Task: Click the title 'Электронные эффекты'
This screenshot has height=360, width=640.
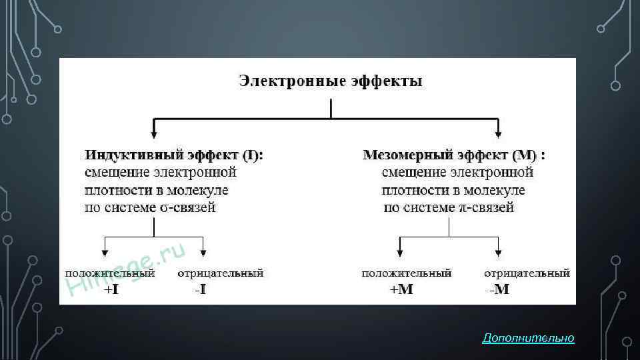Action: [x=331, y=82]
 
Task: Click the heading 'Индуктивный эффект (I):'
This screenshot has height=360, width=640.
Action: [x=174, y=155]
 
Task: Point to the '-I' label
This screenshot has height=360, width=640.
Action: [x=199, y=290]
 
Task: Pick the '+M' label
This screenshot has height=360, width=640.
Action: [x=401, y=290]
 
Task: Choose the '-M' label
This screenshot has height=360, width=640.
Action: [x=498, y=290]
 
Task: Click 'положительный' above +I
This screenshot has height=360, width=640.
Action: [x=110, y=273]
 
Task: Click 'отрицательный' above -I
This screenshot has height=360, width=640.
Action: [x=221, y=273]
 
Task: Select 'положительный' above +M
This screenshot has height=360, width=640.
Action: [x=407, y=273]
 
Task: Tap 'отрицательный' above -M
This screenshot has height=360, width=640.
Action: [x=527, y=273]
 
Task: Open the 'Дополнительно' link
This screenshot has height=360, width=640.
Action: [x=528, y=339]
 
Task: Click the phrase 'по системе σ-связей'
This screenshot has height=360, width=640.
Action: [x=151, y=207]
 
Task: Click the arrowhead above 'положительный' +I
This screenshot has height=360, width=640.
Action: [x=105, y=253]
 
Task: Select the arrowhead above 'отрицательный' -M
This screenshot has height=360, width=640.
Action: [x=498, y=253]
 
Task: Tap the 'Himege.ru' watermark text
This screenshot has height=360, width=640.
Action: [x=127, y=270]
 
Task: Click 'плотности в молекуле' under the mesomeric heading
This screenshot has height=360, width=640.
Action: [x=453, y=190]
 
